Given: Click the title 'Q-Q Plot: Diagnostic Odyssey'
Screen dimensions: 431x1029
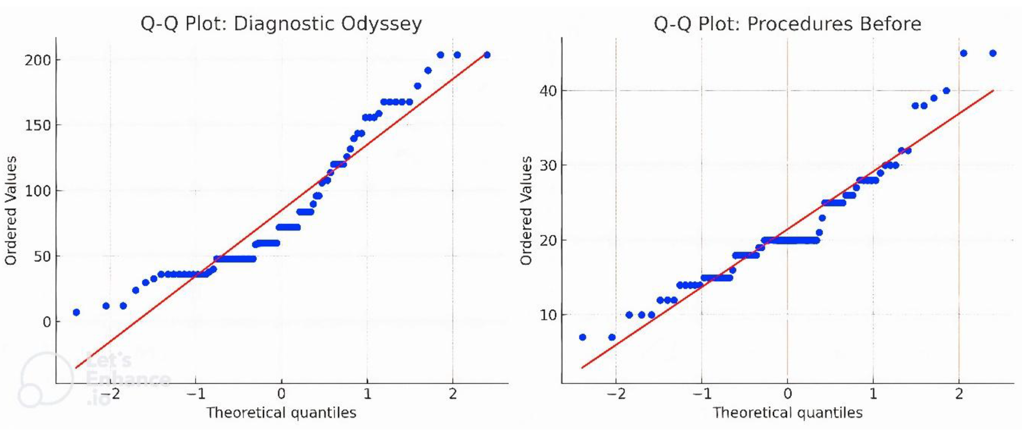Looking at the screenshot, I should coord(281,24).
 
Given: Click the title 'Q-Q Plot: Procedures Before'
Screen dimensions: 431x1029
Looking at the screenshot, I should coord(787,24).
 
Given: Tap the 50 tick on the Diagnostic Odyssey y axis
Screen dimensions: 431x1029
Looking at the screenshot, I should coord(42,256).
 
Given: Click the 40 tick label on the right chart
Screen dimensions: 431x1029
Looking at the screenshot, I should coord(548,91).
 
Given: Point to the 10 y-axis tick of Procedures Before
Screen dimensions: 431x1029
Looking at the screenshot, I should coord(548,315).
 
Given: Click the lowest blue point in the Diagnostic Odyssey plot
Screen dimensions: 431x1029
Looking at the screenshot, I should coord(76,312).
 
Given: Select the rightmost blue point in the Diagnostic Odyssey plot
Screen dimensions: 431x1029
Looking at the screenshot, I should coord(487,55).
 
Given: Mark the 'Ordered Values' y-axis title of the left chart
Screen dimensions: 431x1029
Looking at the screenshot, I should coord(11,210).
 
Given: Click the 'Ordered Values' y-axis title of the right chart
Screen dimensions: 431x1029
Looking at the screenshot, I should coord(527,210).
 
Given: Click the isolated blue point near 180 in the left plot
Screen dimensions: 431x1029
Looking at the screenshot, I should coord(418,86).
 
